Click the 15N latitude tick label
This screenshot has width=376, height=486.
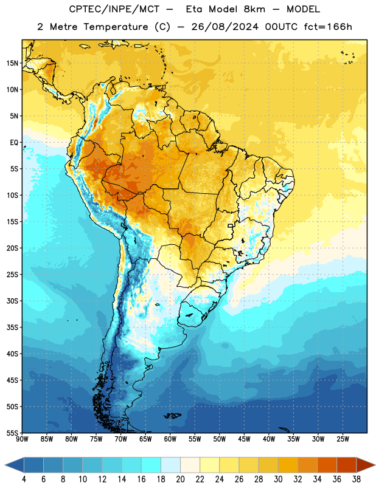[12, 63]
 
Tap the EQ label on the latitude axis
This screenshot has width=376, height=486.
[14, 143]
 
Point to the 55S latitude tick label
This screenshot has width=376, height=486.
[12, 433]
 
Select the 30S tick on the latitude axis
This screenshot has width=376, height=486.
[12, 301]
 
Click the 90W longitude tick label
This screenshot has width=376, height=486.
[22, 439]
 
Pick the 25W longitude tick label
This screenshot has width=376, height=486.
[343, 439]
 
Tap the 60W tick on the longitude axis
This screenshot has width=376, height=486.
[170, 439]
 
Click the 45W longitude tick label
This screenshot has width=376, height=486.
[244, 439]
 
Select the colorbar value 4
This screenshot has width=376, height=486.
[24, 479]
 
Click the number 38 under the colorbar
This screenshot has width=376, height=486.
[357, 479]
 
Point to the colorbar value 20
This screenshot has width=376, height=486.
[180, 479]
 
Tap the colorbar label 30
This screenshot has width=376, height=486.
[278, 479]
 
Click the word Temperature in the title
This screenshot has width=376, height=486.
[116, 27]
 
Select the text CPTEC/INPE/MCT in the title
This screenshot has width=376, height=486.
[114, 9]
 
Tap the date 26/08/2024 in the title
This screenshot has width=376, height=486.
[225, 27]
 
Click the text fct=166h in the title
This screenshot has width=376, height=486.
[328, 27]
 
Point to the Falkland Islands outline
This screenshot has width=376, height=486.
[172, 416]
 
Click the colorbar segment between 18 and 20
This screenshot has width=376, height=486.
[170, 465]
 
